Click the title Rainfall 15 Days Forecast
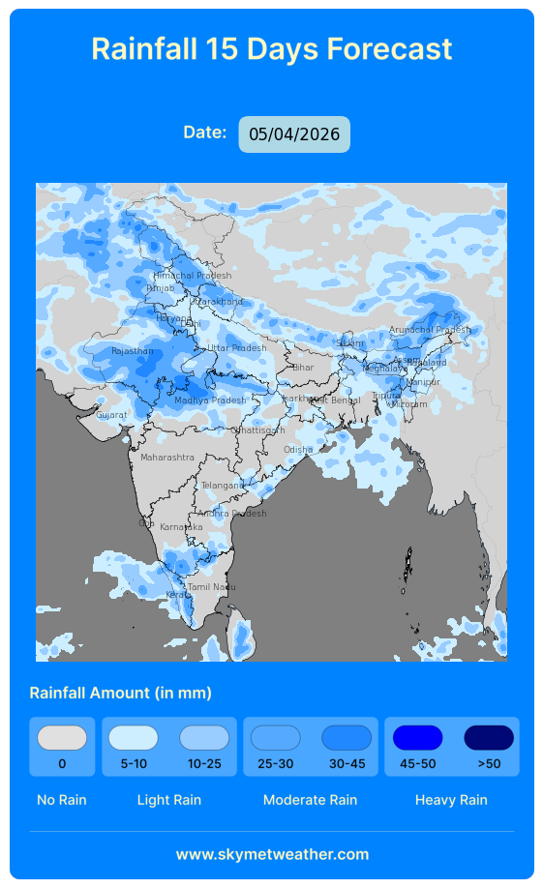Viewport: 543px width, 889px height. (272, 48)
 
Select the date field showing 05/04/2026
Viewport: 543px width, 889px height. (294, 134)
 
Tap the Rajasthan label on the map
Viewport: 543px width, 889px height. (133, 351)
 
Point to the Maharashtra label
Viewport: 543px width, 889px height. (166, 457)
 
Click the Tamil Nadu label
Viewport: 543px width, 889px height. (211, 587)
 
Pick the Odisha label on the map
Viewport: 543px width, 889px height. (298, 450)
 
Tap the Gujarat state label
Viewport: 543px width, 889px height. (111, 415)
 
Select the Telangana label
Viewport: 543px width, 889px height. (223, 486)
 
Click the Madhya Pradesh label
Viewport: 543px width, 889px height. (210, 400)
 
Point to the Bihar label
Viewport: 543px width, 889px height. (303, 368)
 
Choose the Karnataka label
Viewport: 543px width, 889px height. (181, 527)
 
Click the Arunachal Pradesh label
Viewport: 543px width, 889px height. (429, 330)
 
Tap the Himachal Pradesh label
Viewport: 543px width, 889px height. (193, 276)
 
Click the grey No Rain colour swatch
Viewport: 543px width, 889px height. (62, 738)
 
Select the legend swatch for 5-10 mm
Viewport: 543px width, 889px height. (133, 738)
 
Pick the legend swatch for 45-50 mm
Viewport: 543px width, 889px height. (417, 738)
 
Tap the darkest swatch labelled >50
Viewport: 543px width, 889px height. (489, 738)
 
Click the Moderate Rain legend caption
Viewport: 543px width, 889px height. (310, 800)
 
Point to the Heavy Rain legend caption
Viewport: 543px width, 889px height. (451, 800)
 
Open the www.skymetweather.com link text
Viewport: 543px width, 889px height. (272, 854)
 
